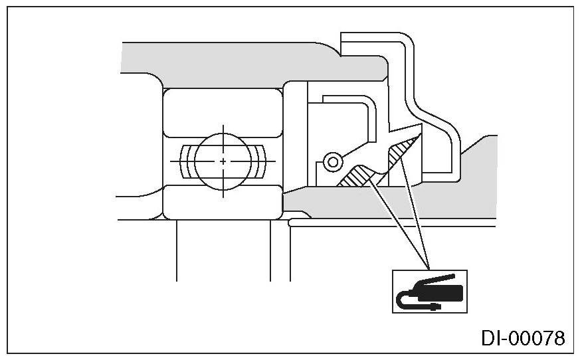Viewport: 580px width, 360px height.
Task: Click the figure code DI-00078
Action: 523,338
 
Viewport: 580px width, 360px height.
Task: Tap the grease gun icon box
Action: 429,291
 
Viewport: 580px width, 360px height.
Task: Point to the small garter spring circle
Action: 332,160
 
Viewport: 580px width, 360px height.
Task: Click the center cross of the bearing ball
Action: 223,161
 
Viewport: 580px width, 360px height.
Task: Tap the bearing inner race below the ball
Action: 223,202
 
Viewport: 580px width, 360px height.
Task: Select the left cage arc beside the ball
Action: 185,161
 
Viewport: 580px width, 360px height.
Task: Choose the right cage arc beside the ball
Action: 262,161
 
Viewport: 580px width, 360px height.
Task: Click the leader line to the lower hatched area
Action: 395,223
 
